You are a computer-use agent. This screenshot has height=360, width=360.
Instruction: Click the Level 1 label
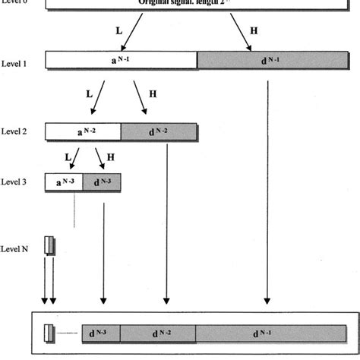tap(14, 64)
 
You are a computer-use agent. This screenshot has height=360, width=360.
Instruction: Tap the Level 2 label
tap(14, 132)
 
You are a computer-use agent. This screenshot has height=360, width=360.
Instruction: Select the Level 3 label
tap(14, 182)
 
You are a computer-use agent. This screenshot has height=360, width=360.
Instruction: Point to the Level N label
tap(14, 248)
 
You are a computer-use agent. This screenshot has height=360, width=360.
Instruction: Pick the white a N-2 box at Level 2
tap(83, 132)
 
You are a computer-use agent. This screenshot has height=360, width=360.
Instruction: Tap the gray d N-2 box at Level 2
tap(159, 132)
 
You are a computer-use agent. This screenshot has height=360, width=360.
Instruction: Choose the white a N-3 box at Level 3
tap(60, 182)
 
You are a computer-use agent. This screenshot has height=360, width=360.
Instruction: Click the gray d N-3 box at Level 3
tap(101, 182)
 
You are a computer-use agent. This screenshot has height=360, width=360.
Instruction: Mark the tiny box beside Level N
tap(49, 245)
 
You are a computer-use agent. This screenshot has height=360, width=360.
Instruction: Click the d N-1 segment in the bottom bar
tap(268, 333)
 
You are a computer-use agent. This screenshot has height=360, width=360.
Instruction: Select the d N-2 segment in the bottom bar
tap(158, 333)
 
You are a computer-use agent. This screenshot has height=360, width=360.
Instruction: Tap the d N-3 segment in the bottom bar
tap(100, 333)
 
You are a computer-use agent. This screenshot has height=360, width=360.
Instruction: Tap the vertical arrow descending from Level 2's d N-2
tap(166, 220)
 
